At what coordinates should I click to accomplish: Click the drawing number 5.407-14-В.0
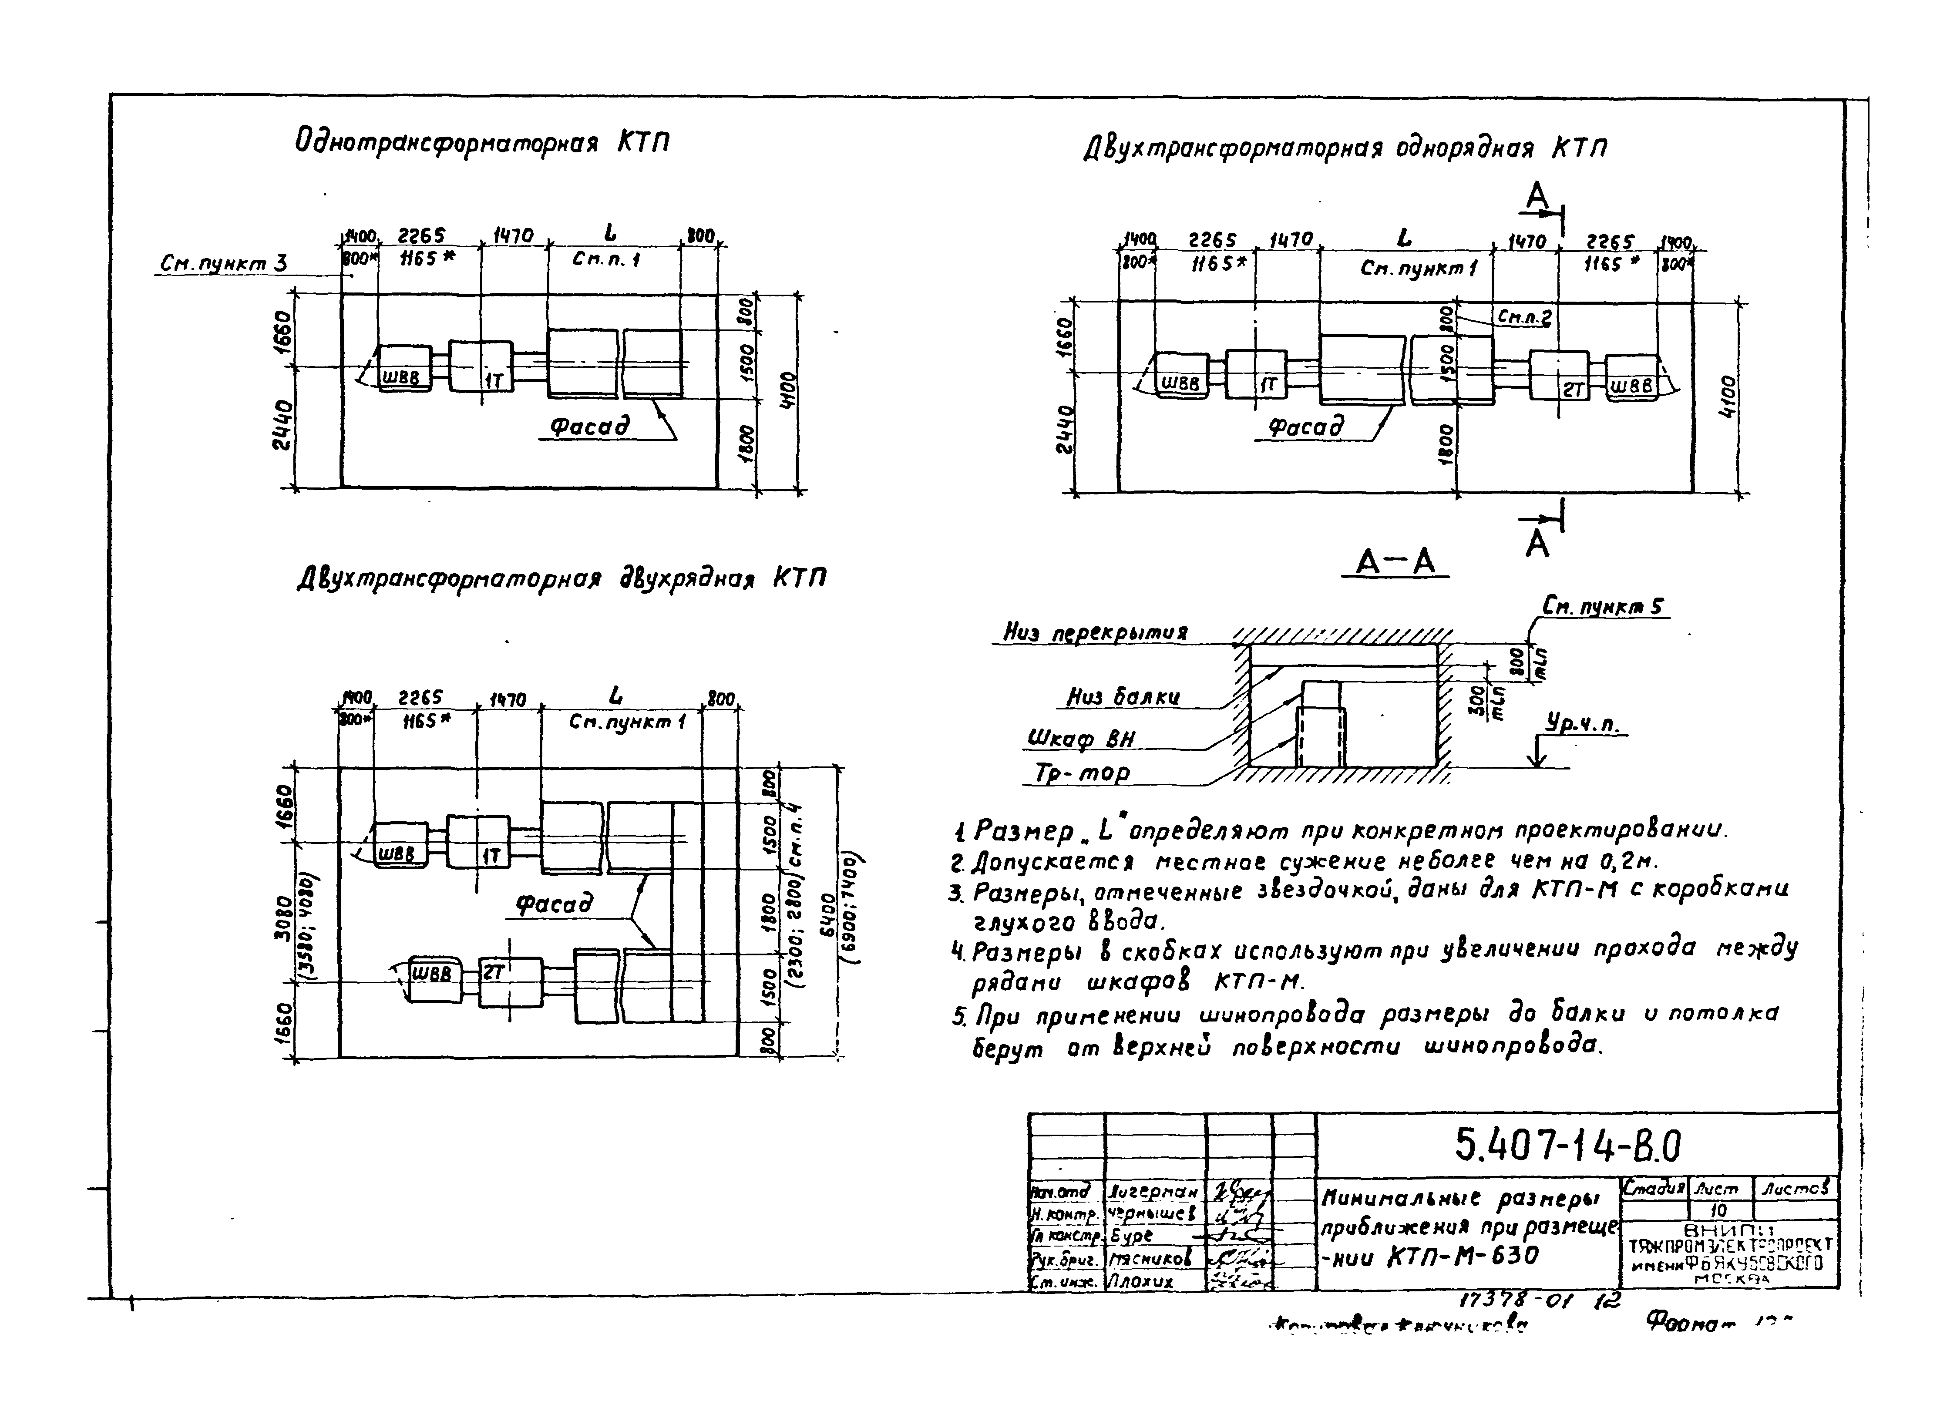pyautogui.click(x=1567, y=1145)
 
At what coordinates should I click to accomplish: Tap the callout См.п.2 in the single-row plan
pyautogui.click(x=1523, y=318)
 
